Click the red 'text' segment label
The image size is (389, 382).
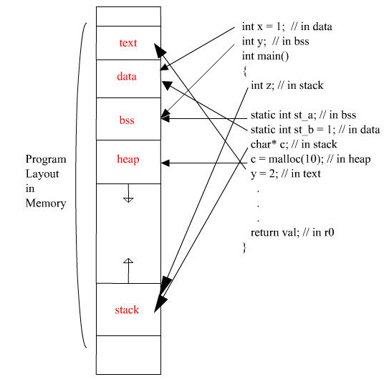coord(128,43)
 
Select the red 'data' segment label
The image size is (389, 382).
coord(127,76)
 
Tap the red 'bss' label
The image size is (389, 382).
coord(127,120)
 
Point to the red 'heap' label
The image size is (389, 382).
coord(128,159)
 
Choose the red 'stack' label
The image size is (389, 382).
coord(127,310)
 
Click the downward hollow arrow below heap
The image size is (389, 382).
coord(128,193)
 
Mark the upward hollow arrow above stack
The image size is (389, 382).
coord(128,270)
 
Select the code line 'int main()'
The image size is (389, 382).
coord(266,56)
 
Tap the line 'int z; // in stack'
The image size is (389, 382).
coord(287,85)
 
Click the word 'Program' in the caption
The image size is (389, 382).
coord(46,160)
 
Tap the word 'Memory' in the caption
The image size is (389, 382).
coord(46,204)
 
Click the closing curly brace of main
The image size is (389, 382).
coord(244,248)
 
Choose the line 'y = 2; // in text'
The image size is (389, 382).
coord(286,174)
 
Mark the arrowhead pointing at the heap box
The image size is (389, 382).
coord(165,163)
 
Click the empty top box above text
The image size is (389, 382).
coord(128,16)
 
